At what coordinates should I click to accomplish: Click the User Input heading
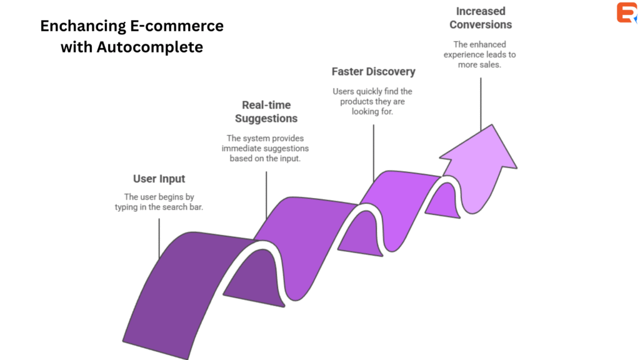coord(159,179)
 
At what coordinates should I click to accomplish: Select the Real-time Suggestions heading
coord(266,111)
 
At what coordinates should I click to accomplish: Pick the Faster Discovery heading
coord(373,71)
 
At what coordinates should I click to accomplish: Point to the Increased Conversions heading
coord(481,18)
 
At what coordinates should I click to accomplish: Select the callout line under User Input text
coord(159,237)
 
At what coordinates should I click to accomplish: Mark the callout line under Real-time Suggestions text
coord(266,194)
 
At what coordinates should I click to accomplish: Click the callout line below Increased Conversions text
coord(481,103)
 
